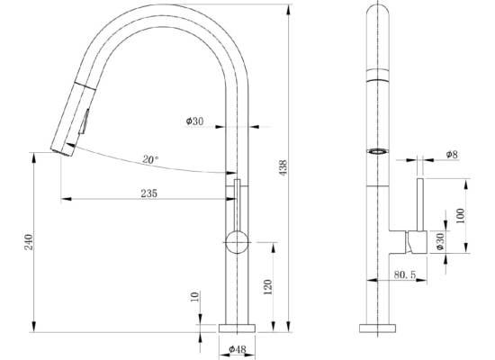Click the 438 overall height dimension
tap(283, 167)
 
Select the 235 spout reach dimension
tap(148, 193)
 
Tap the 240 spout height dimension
tap(29, 242)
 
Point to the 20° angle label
tap(150, 159)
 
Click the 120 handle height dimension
tap(267, 287)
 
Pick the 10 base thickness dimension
tap(195, 296)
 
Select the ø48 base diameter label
tap(238, 349)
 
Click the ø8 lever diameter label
tap(452, 155)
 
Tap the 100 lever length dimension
tap(461, 216)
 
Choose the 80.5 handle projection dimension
tap(405, 274)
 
